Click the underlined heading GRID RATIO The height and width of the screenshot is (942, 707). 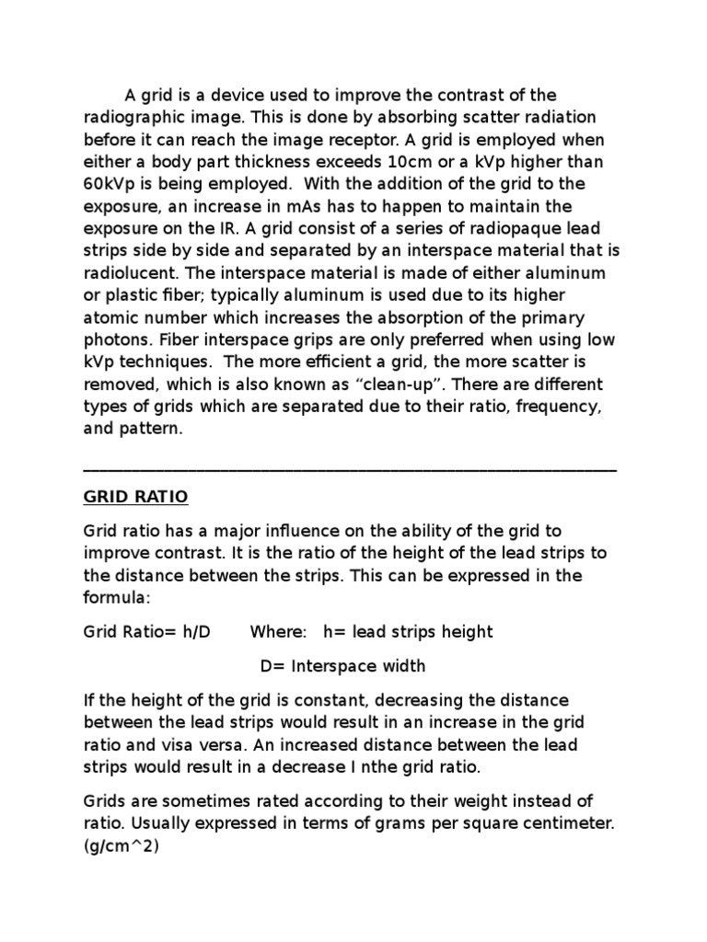(x=135, y=497)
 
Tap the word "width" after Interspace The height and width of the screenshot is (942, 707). (x=402, y=666)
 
